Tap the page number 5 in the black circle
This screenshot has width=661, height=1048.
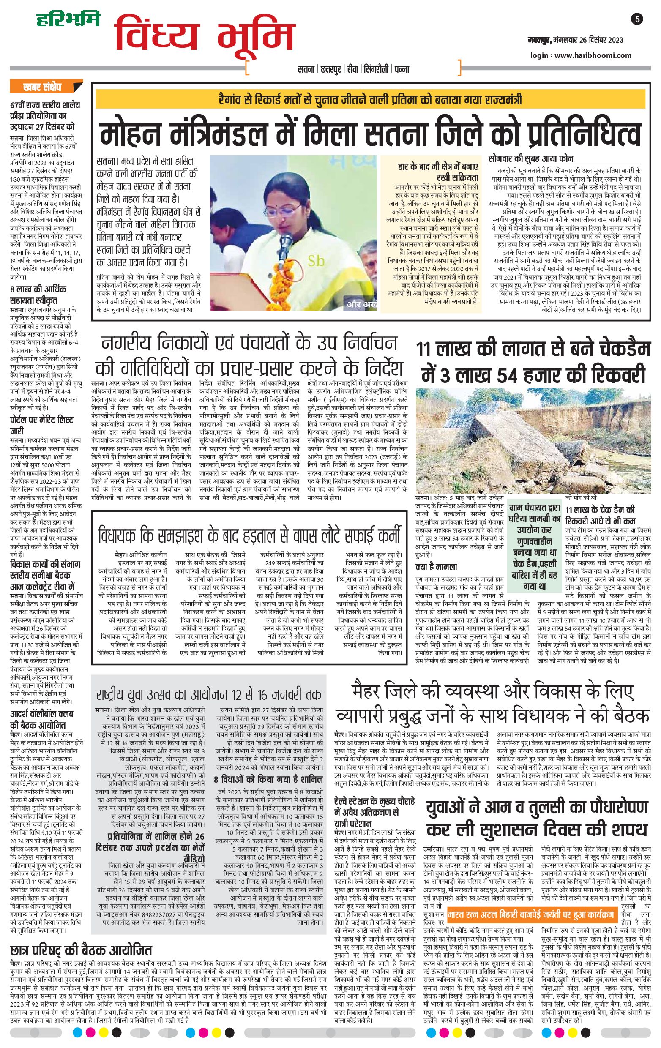coord(637,19)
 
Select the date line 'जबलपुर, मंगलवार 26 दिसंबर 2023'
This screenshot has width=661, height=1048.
coord(573,41)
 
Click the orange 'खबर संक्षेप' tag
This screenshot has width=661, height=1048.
coord(42,87)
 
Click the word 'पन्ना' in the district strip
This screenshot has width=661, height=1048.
coord(401,69)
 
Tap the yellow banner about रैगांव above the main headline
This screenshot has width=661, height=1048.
coord(370,99)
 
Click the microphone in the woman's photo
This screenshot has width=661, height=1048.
coord(286,240)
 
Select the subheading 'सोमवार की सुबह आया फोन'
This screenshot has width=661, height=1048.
coord(530,158)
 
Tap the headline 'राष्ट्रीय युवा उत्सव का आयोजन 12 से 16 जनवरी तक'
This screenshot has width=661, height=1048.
coord(209,694)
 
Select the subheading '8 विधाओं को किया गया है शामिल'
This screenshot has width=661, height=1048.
coord(268,778)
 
